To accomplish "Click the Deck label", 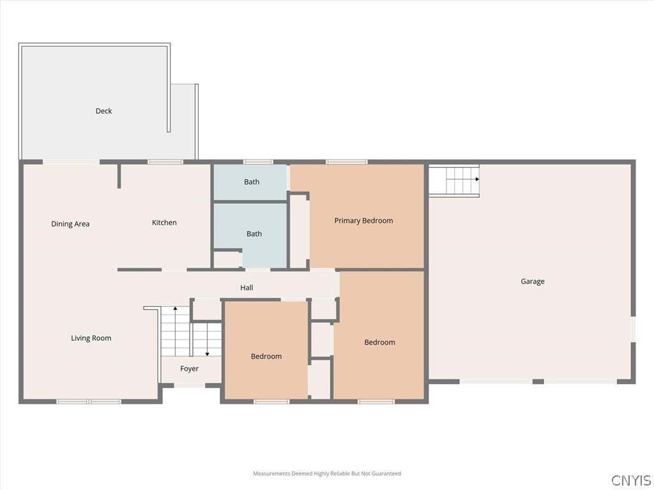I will pyautogui.click(x=103, y=111).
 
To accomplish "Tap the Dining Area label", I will pyautogui.click(x=70, y=224).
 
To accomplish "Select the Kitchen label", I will pyautogui.click(x=164, y=223).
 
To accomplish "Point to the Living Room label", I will pyautogui.click(x=91, y=338).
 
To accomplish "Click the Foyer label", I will pyautogui.click(x=189, y=369).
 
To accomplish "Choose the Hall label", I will pyautogui.click(x=247, y=288).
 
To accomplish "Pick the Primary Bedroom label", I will pyautogui.click(x=363, y=221).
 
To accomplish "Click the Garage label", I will pyautogui.click(x=532, y=281).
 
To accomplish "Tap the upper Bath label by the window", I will pyautogui.click(x=252, y=182).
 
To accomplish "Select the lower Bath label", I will pyautogui.click(x=254, y=234).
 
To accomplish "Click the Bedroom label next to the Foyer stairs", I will pyautogui.click(x=266, y=356).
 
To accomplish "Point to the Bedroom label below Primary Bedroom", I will pyautogui.click(x=379, y=342).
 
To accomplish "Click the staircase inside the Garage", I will pyautogui.click(x=453, y=180).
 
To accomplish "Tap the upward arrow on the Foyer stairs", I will pyautogui.click(x=175, y=310).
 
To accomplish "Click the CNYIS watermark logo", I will pyautogui.click(x=630, y=480).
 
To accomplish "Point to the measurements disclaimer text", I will pyautogui.click(x=326, y=473).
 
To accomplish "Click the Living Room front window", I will pyautogui.click(x=89, y=401).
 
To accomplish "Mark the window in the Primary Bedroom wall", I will pyautogui.click(x=347, y=162).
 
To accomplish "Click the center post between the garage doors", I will pyautogui.click(x=538, y=382).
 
